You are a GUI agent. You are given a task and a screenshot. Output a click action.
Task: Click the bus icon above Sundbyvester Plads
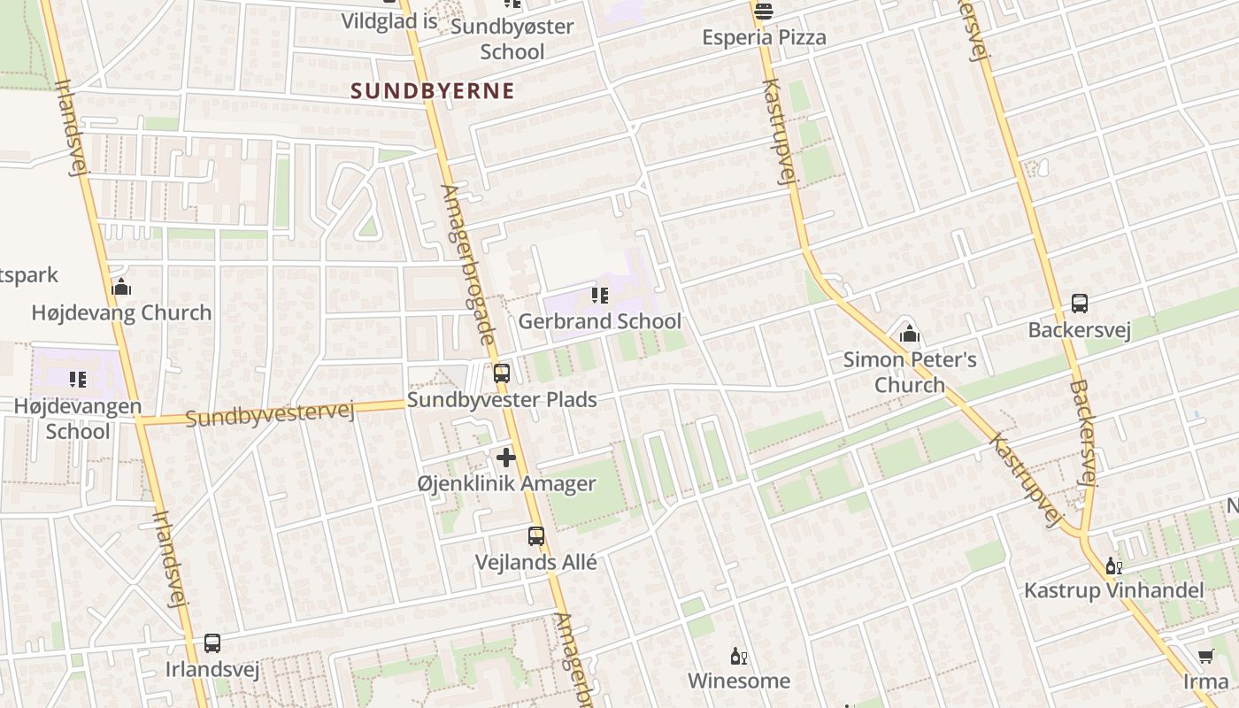(502, 373)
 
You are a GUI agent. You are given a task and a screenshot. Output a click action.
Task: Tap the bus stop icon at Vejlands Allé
(536, 536)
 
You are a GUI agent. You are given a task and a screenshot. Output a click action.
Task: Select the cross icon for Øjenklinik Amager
(506, 458)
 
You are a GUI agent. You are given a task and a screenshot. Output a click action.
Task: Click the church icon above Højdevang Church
(121, 287)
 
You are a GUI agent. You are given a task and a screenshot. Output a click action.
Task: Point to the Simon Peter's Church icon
(909, 334)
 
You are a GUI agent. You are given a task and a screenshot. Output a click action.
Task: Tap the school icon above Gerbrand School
(600, 296)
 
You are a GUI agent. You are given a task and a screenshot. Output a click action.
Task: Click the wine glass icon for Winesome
(738, 656)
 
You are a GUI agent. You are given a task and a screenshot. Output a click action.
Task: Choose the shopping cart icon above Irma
(1205, 656)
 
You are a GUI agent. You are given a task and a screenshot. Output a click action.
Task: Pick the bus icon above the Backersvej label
(1080, 304)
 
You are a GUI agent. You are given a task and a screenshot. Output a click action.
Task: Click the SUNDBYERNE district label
(433, 90)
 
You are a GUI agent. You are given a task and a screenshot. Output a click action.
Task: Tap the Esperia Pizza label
(764, 37)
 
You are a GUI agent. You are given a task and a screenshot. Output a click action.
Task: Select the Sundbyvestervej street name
(270, 413)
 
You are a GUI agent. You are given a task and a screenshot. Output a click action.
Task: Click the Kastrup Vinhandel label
(1113, 590)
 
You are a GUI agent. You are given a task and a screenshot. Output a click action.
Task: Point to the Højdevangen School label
(78, 419)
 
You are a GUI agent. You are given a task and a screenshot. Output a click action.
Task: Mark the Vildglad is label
(389, 20)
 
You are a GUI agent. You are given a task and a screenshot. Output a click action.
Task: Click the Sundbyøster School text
(512, 39)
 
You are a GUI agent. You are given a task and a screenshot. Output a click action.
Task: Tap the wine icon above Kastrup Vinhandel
(1112, 566)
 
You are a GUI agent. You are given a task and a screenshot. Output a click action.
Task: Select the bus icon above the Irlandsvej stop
(212, 643)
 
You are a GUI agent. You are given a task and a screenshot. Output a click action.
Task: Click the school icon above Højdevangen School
(78, 380)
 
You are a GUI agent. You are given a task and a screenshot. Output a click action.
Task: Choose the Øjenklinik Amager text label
(506, 484)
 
